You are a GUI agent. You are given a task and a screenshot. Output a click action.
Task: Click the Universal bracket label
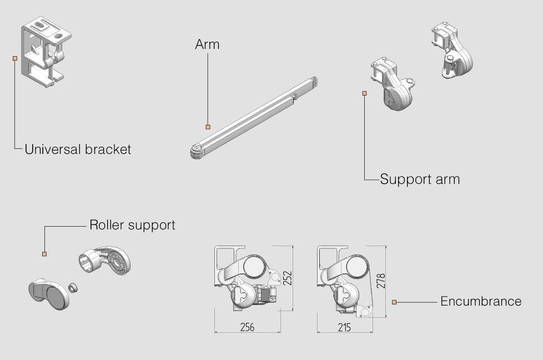[78, 149]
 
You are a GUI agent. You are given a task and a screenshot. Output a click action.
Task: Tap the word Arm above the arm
[207, 45]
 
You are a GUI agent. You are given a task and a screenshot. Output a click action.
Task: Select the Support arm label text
[420, 179]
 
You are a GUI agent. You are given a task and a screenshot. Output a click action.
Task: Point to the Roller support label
[132, 225]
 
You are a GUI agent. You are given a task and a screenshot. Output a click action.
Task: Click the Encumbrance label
[481, 301]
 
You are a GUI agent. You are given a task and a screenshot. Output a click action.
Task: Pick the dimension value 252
[288, 278]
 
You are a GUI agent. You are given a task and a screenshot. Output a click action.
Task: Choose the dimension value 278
[381, 281]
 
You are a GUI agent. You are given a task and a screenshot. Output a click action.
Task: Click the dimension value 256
[247, 327]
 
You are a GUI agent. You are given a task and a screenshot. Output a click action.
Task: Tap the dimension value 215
[344, 327]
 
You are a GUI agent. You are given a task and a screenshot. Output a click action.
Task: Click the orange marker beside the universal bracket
[15, 58]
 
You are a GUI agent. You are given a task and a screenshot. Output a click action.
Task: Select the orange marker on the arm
[208, 127]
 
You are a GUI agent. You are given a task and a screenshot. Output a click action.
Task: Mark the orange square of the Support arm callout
[364, 93]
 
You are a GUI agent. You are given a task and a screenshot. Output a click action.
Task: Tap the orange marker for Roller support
[44, 254]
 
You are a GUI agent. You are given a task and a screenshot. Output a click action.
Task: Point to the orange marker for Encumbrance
[394, 302]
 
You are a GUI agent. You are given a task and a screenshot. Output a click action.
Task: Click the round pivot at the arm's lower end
[196, 152]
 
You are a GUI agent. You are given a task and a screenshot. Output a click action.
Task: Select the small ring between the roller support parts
[72, 287]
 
